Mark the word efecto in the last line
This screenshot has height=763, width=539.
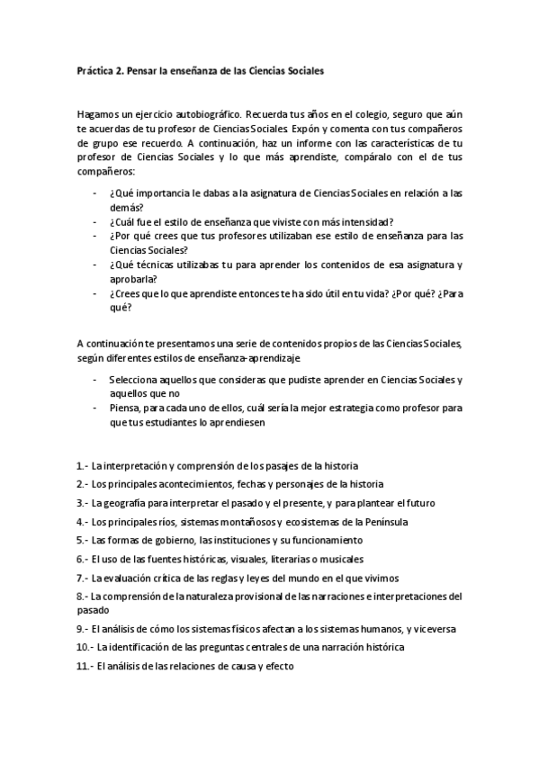tap(275, 666)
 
